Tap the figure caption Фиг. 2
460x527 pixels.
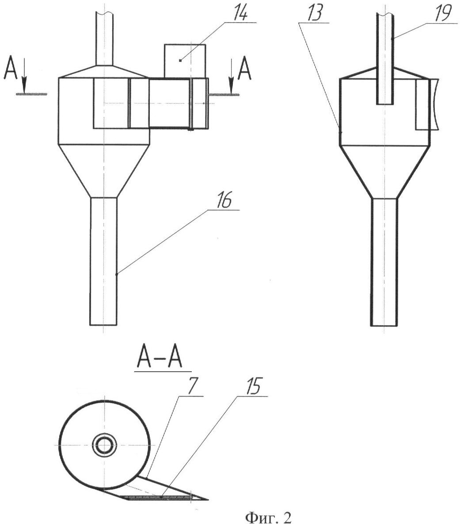pyautogui.click(x=264, y=517)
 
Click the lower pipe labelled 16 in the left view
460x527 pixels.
pyautogui.click(x=103, y=261)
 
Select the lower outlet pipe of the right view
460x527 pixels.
pyautogui.click(x=384, y=261)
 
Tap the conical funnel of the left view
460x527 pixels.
pyautogui.click(x=103, y=170)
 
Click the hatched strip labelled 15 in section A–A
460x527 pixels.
pyautogui.click(x=159, y=497)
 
